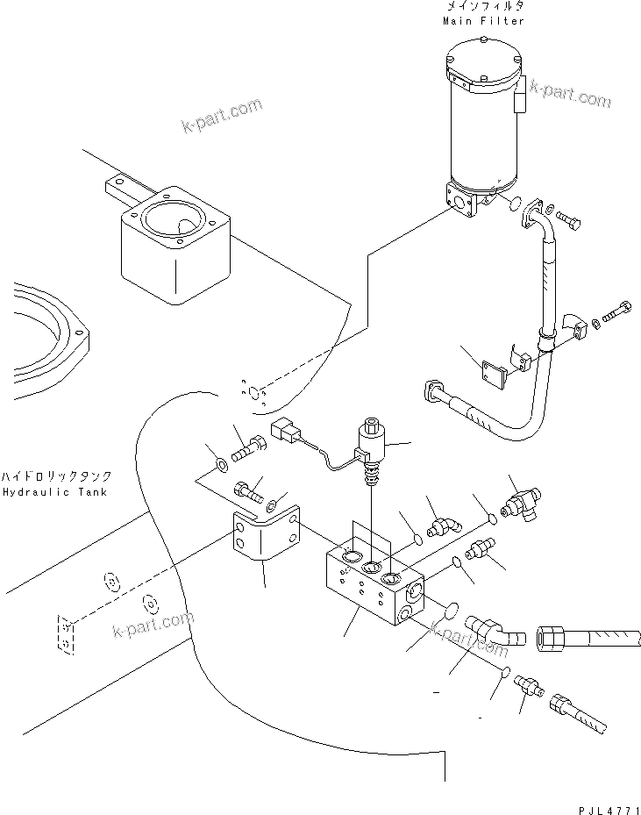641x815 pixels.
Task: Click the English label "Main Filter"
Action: coord(483,21)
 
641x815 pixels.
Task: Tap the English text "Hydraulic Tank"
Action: coord(53,492)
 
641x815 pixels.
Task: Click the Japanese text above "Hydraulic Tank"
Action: coord(55,476)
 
